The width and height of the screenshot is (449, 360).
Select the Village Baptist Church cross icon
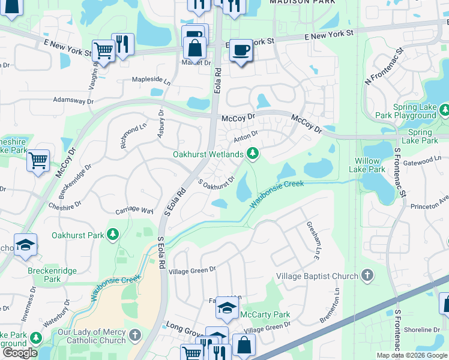point(367,276)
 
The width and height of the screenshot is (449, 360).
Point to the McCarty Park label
point(265,314)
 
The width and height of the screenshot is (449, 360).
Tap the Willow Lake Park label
point(367,165)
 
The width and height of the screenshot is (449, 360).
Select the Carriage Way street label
point(134,211)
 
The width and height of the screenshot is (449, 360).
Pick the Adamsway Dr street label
point(74,100)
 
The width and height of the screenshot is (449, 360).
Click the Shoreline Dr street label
point(421,329)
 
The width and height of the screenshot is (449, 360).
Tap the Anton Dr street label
point(246,137)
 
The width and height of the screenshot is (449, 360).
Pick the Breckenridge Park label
point(44,275)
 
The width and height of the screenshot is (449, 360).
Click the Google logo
point(20,352)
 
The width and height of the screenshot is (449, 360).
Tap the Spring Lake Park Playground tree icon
point(444,110)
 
